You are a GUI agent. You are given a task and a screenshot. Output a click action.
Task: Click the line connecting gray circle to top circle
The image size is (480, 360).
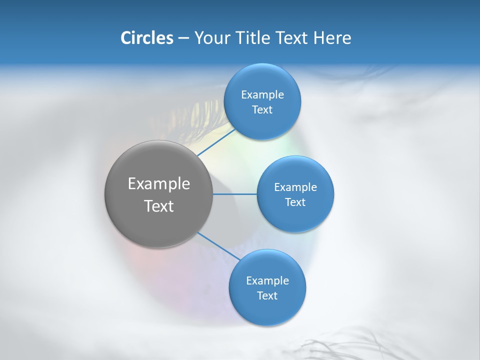coord(216,142)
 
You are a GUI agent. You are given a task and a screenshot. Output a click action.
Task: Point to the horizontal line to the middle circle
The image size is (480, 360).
coord(234,193)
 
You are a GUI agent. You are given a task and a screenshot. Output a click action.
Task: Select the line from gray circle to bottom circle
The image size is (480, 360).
coord(219,246)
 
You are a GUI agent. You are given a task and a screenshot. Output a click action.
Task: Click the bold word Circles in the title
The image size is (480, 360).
coord(147,38)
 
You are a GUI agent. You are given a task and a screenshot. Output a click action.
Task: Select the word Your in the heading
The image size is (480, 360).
coord(210,38)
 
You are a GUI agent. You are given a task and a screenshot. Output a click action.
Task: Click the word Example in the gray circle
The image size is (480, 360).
coord(159,184)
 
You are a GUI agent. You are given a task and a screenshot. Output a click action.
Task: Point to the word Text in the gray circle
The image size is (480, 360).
coord(159,206)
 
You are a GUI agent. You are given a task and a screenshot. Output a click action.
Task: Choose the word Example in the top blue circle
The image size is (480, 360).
coord(262,95)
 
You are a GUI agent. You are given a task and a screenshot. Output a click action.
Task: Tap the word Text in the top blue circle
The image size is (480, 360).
coord(262,110)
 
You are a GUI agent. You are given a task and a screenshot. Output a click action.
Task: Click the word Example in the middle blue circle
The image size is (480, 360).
coord(295,187)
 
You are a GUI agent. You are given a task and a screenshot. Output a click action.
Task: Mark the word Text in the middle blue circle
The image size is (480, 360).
coord(295,202)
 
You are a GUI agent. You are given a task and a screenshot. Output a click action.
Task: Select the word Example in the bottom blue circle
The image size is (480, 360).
coord(267,281)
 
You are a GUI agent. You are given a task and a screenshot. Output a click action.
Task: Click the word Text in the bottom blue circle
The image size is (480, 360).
coord(267,296)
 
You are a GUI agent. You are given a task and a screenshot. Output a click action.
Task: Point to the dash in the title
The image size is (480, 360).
coord(183,38)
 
